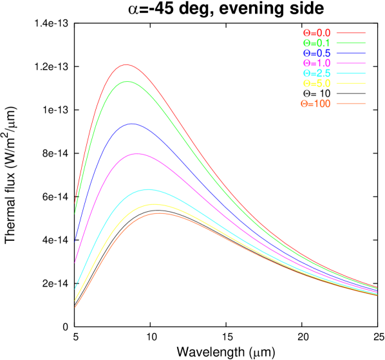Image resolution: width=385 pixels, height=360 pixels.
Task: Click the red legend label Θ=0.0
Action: click(317, 33)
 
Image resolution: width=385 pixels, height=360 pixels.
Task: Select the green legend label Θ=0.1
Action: click(317, 43)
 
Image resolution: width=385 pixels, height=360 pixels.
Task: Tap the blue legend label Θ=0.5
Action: click(317, 53)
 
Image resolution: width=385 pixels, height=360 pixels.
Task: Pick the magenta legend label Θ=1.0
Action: click(317, 63)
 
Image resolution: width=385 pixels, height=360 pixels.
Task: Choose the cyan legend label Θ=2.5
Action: click(317, 73)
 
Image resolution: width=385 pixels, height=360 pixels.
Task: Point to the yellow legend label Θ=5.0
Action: click(317, 84)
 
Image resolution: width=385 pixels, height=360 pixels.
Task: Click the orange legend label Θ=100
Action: click(315, 104)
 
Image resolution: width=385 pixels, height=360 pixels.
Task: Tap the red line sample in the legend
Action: click(351, 32)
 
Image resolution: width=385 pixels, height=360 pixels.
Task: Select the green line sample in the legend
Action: click(351, 43)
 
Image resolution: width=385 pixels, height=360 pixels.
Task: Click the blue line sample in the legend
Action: click(351, 53)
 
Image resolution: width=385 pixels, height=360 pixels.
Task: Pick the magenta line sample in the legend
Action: click(351, 63)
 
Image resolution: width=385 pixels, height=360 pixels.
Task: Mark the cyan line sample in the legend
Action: click(351, 73)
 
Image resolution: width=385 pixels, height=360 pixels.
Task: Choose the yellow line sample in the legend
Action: click(351, 84)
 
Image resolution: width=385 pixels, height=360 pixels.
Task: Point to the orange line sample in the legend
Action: click(351, 104)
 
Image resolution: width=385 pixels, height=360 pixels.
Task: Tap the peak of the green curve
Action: click(127, 81)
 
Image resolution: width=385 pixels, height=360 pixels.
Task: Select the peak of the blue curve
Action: click(132, 124)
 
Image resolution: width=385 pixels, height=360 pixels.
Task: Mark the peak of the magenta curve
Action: click(136, 153)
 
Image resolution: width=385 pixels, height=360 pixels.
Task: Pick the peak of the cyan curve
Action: click(148, 189)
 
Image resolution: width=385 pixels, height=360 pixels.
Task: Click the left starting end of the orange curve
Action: click(75, 307)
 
